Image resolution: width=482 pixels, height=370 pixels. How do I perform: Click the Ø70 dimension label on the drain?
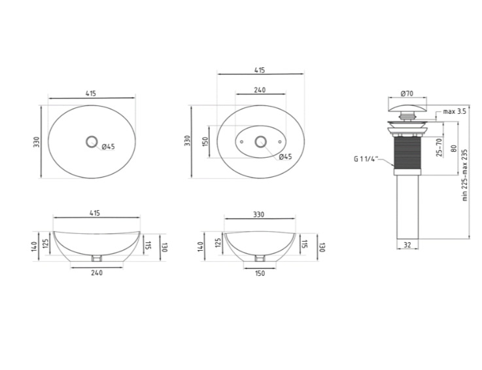pos(407,93)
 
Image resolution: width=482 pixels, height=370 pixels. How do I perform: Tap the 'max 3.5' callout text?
pos(455,111)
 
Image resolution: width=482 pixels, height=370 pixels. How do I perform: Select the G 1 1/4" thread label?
pos(366,159)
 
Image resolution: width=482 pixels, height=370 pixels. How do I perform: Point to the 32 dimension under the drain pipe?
pos(407,245)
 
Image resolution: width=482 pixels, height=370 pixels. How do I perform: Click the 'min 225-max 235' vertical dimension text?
pos(465,176)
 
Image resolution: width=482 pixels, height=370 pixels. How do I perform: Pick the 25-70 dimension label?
pos(439,147)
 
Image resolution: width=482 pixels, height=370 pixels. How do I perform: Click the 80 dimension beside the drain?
pos(453,149)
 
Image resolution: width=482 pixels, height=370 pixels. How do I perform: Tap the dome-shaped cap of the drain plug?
pos(407,108)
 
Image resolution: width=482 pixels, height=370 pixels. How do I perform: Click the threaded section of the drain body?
pos(407,153)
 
